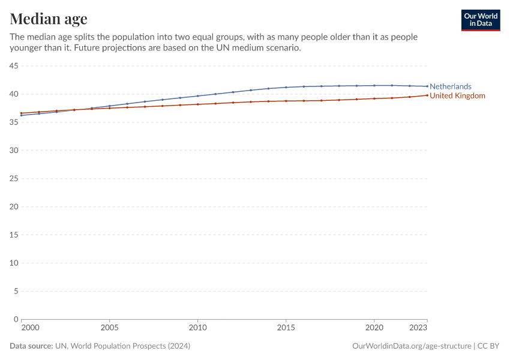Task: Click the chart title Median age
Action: coord(49,18)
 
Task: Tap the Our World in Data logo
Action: coord(480,20)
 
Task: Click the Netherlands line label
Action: coord(451,86)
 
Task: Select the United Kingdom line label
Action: coord(457,96)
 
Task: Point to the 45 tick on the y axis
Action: coord(13,65)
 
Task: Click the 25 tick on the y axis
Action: coord(13,178)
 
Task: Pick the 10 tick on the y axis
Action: coord(13,263)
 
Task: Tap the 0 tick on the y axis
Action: coord(16,319)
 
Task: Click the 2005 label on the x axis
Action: coord(109,328)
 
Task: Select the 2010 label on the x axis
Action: coord(197,328)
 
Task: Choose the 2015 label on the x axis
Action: coord(286,328)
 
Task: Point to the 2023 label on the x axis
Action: coord(419,328)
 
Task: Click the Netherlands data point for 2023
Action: coord(427,86)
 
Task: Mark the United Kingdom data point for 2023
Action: coord(427,95)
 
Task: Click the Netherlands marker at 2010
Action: coord(197,96)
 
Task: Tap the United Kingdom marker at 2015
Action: coord(286,101)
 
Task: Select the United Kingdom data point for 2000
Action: coord(21,113)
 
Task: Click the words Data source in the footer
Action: coord(31,346)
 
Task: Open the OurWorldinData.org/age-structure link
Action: coord(412,346)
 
